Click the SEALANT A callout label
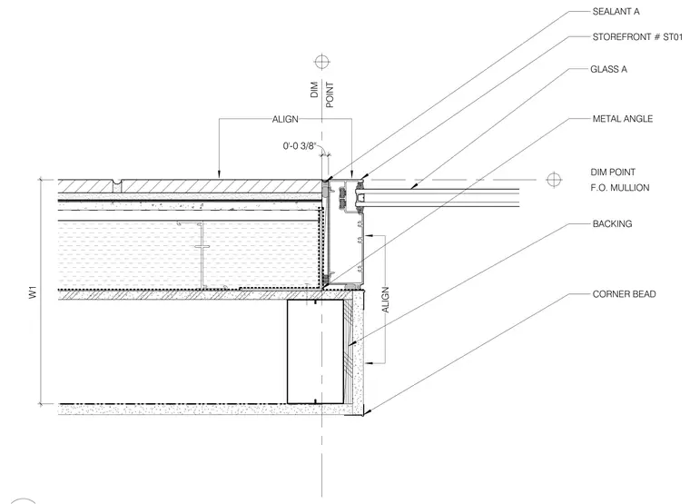pos(616,12)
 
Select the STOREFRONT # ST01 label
pos(637,37)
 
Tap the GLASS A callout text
pos(608,69)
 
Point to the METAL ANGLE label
pos(622,118)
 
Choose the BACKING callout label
pos(612,223)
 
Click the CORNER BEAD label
pos(624,294)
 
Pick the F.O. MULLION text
pos(619,187)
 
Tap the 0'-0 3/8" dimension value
pos(300,145)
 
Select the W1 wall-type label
pos(34,292)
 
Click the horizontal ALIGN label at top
pos(285,119)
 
